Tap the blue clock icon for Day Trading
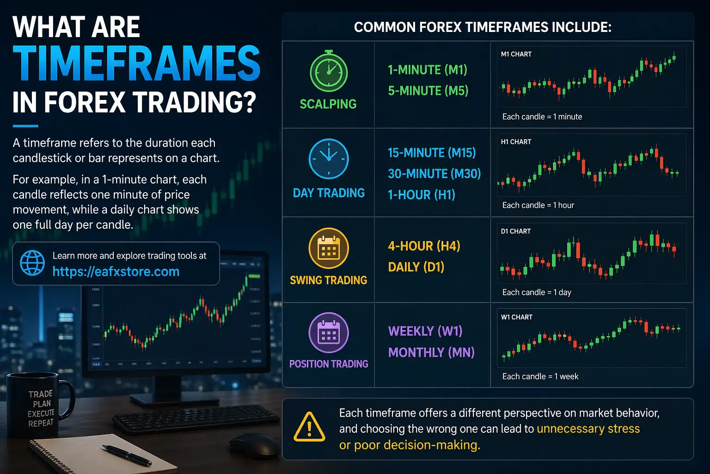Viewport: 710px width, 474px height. coord(328,159)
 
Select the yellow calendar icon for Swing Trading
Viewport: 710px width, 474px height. coord(328,248)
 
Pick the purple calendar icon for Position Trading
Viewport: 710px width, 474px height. coord(328,333)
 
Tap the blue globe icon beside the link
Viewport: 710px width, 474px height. coord(32,263)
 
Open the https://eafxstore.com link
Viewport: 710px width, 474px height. coord(116,272)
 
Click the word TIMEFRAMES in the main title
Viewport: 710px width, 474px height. coord(136,64)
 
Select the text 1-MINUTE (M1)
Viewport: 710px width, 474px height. coord(427,70)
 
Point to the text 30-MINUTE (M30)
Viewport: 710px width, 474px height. coord(434,174)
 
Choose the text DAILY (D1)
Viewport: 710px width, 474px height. coord(416,267)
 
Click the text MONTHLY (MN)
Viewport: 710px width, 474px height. coord(431,352)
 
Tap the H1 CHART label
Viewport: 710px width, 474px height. coord(516,142)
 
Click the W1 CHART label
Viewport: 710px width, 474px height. coord(516,317)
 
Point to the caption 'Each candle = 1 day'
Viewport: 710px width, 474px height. coord(537,293)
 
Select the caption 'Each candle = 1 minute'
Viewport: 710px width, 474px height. coord(542,117)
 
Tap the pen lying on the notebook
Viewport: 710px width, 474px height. coord(126,455)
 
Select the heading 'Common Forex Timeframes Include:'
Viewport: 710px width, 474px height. coord(483,27)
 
